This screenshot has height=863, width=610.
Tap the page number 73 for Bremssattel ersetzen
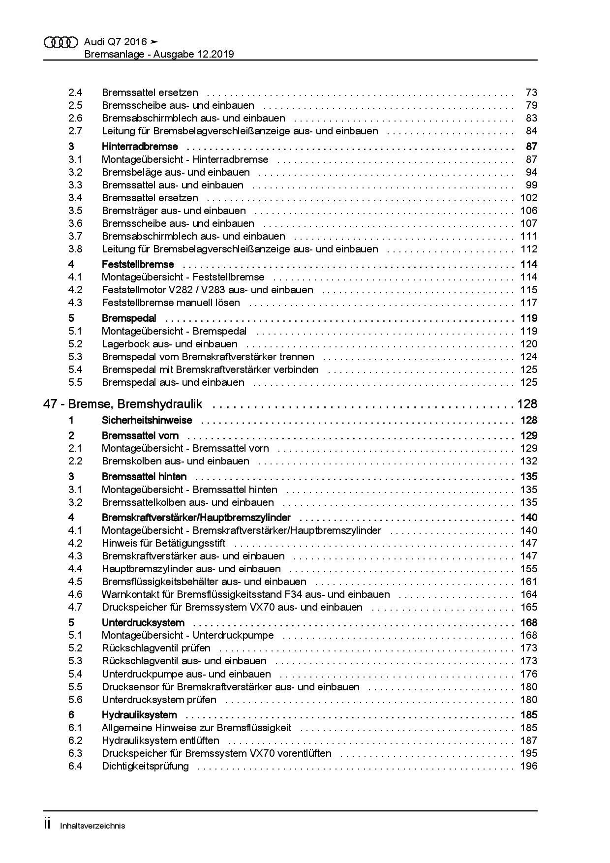(x=531, y=92)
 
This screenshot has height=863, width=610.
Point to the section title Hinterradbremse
(x=140, y=147)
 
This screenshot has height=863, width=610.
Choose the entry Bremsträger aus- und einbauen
(x=174, y=211)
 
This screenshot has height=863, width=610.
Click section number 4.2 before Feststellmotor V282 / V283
(x=75, y=290)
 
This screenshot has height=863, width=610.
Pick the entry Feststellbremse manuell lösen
(x=171, y=303)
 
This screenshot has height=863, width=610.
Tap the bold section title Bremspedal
(x=129, y=318)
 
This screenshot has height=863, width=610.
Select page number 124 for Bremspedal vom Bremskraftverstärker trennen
(x=529, y=357)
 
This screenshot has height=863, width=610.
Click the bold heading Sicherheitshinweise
(x=147, y=420)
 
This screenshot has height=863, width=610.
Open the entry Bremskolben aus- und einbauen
(x=175, y=461)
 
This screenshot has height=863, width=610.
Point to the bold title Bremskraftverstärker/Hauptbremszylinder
(x=196, y=518)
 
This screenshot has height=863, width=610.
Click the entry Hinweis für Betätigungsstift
(x=163, y=543)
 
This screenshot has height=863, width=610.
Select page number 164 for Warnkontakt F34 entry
(x=529, y=594)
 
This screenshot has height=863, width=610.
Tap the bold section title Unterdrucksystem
(x=143, y=622)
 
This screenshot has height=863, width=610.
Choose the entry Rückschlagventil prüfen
(x=156, y=648)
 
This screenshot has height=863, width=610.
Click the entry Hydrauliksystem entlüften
(x=160, y=740)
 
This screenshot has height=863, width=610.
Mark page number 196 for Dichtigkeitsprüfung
(x=529, y=766)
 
